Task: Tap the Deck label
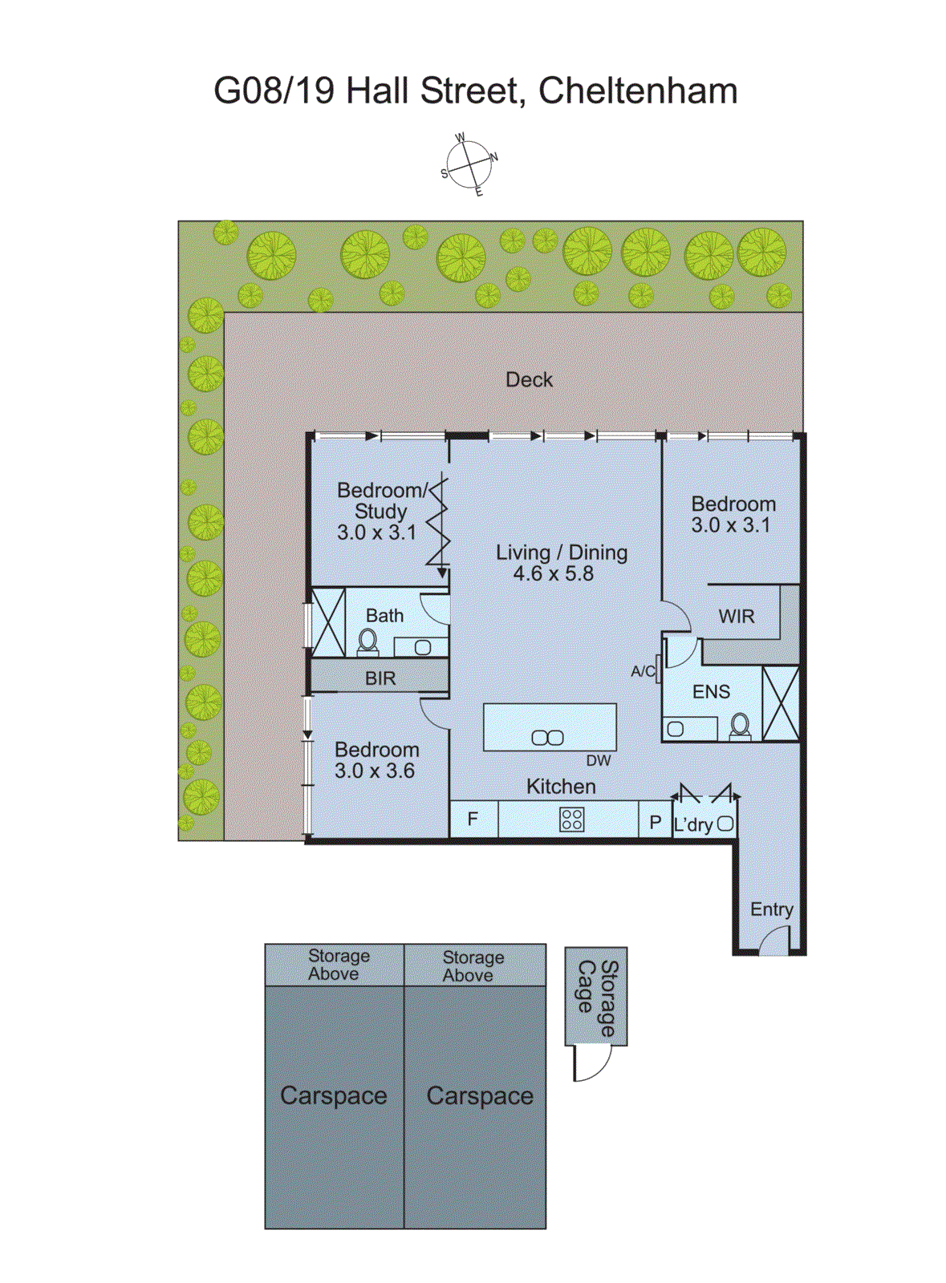click(x=529, y=379)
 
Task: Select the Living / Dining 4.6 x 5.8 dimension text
click(x=553, y=574)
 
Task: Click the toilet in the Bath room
click(x=367, y=641)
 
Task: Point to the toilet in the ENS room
click(x=739, y=726)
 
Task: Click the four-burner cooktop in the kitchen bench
click(x=571, y=820)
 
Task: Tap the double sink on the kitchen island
click(x=547, y=737)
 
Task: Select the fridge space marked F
click(x=473, y=820)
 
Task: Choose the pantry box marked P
click(x=655, y=822)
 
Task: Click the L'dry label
click(x=692, y=824)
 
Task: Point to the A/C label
click(x=643, y=671)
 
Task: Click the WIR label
click(x=736, y=616)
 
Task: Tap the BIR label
click(x=380, y=678)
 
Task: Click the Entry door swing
click(x=774, y=941)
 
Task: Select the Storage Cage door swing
click(x=592, y=1062)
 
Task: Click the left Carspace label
click(x=333, y=1095)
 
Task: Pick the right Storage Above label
click(x=473, y=965)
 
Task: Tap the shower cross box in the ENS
click(x=780, y=703)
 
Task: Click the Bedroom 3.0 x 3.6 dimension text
click(x=374, y=771)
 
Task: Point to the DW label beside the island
click(x=598, y=760)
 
